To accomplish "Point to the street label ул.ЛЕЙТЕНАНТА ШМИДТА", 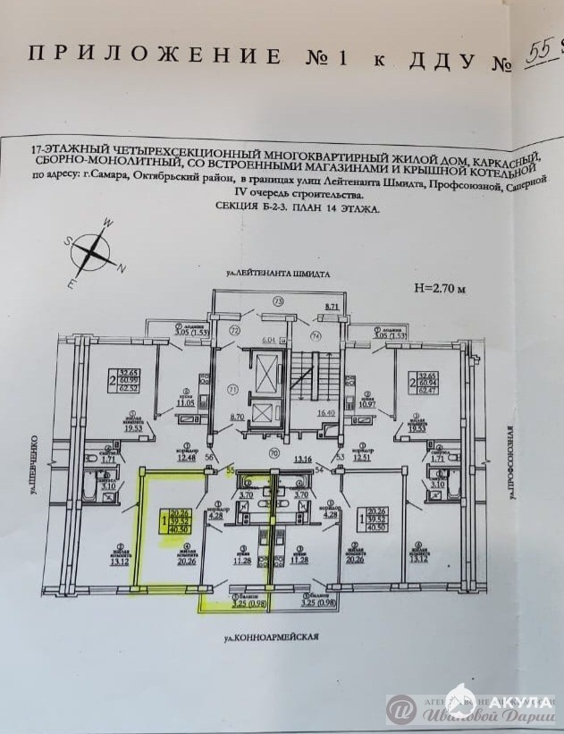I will [278, 272].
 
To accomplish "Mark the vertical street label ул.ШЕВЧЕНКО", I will [31, 464].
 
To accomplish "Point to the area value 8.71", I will [333, 307].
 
